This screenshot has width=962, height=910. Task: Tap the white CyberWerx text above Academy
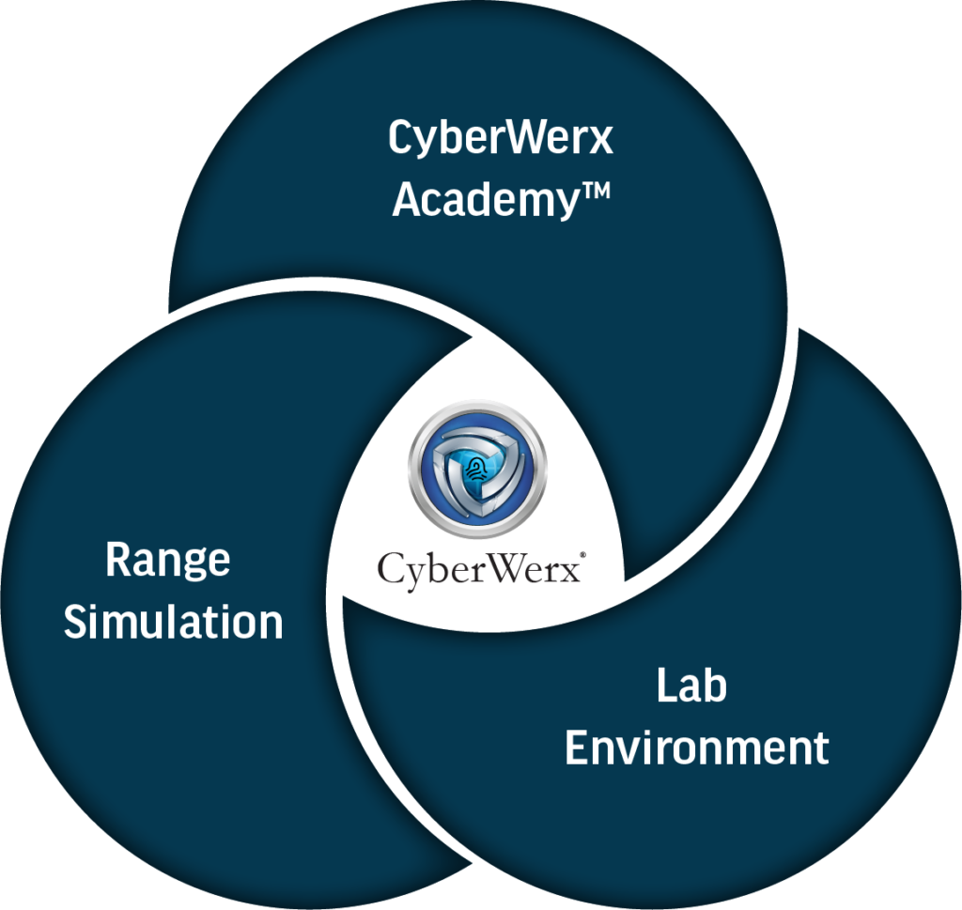click(500, 139)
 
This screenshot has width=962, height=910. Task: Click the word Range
click(167, 562)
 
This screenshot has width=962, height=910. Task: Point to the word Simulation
click(174, 622)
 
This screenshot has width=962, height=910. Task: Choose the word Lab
click(690, 686)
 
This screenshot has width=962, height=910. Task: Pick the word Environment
click(696, 748)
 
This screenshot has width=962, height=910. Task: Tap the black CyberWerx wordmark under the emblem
click(479, 568)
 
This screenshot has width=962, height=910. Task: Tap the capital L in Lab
click(664, 686)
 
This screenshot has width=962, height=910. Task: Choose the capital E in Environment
click(576, 748)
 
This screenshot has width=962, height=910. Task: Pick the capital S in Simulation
click(76, 622)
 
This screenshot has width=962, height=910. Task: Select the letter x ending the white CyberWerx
click(601, 141)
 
